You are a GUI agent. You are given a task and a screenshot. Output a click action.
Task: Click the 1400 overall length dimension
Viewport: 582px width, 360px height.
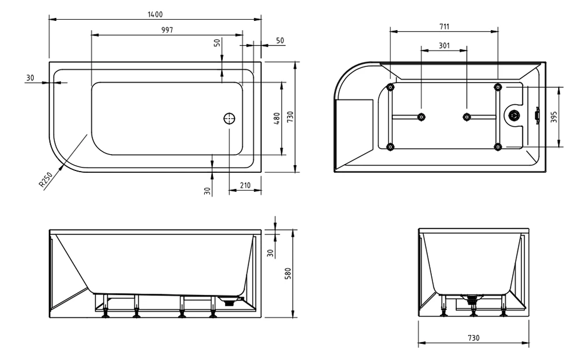click(155, 14)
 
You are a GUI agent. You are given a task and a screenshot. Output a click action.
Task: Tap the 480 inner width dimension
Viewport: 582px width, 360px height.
click(277, 118)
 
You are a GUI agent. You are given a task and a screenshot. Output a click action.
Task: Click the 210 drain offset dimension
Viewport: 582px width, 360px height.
click(244, 186)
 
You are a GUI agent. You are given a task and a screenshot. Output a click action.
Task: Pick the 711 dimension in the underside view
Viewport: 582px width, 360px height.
click(444, 26)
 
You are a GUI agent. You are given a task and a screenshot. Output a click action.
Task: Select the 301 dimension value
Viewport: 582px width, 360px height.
click(443, 45)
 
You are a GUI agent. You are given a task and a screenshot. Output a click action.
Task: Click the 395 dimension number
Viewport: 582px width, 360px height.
click(554, 117)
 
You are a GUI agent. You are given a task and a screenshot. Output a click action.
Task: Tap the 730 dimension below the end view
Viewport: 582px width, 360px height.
click(473, 338)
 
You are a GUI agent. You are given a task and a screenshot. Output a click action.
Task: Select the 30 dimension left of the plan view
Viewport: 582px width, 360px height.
click(30, 78)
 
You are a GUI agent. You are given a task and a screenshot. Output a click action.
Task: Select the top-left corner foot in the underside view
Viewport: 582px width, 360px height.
click(390, 87)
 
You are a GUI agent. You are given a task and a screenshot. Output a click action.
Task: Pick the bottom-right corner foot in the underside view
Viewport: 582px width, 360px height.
click(498, 147)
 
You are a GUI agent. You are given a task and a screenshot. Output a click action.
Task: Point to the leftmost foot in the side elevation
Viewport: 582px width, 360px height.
click(106, 314)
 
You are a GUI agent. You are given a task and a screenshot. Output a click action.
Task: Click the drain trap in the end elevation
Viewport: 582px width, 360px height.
click(472, 301)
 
